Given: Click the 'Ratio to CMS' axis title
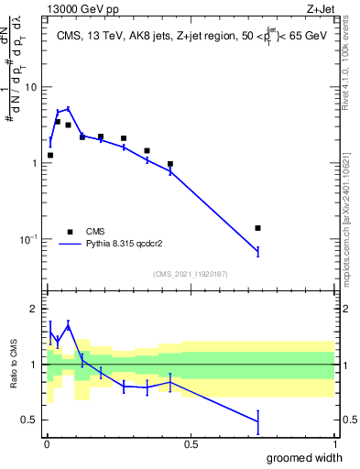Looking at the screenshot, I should (x=13, y=365).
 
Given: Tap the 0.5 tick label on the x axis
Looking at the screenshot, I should (x=191, y=443).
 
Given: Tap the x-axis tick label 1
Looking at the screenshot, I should (x=334, y=443).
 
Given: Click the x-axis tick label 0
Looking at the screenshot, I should (x=47, y=443).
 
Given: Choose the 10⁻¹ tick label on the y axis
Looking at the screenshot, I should (x=28, y=239).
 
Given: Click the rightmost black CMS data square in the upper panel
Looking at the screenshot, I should (x=258, y=227).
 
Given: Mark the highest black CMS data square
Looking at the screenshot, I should (x=58, y=122).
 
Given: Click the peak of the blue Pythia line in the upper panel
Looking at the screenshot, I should (x=68, y=108).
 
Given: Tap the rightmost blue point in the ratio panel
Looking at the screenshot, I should (x=258, y=421).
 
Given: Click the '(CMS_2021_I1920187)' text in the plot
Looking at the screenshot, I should (x=191, y=273).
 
